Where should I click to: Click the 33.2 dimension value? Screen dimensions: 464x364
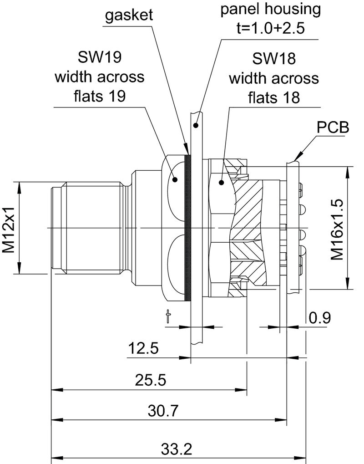(177, 449)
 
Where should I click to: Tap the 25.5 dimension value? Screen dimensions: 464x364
(150, 380)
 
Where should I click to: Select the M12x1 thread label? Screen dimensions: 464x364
(10, 227)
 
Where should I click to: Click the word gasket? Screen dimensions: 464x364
(129, 16)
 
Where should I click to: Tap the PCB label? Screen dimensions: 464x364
(333, 128)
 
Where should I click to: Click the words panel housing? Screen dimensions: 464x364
(270, 9)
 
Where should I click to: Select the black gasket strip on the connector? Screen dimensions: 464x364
(187, 228)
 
